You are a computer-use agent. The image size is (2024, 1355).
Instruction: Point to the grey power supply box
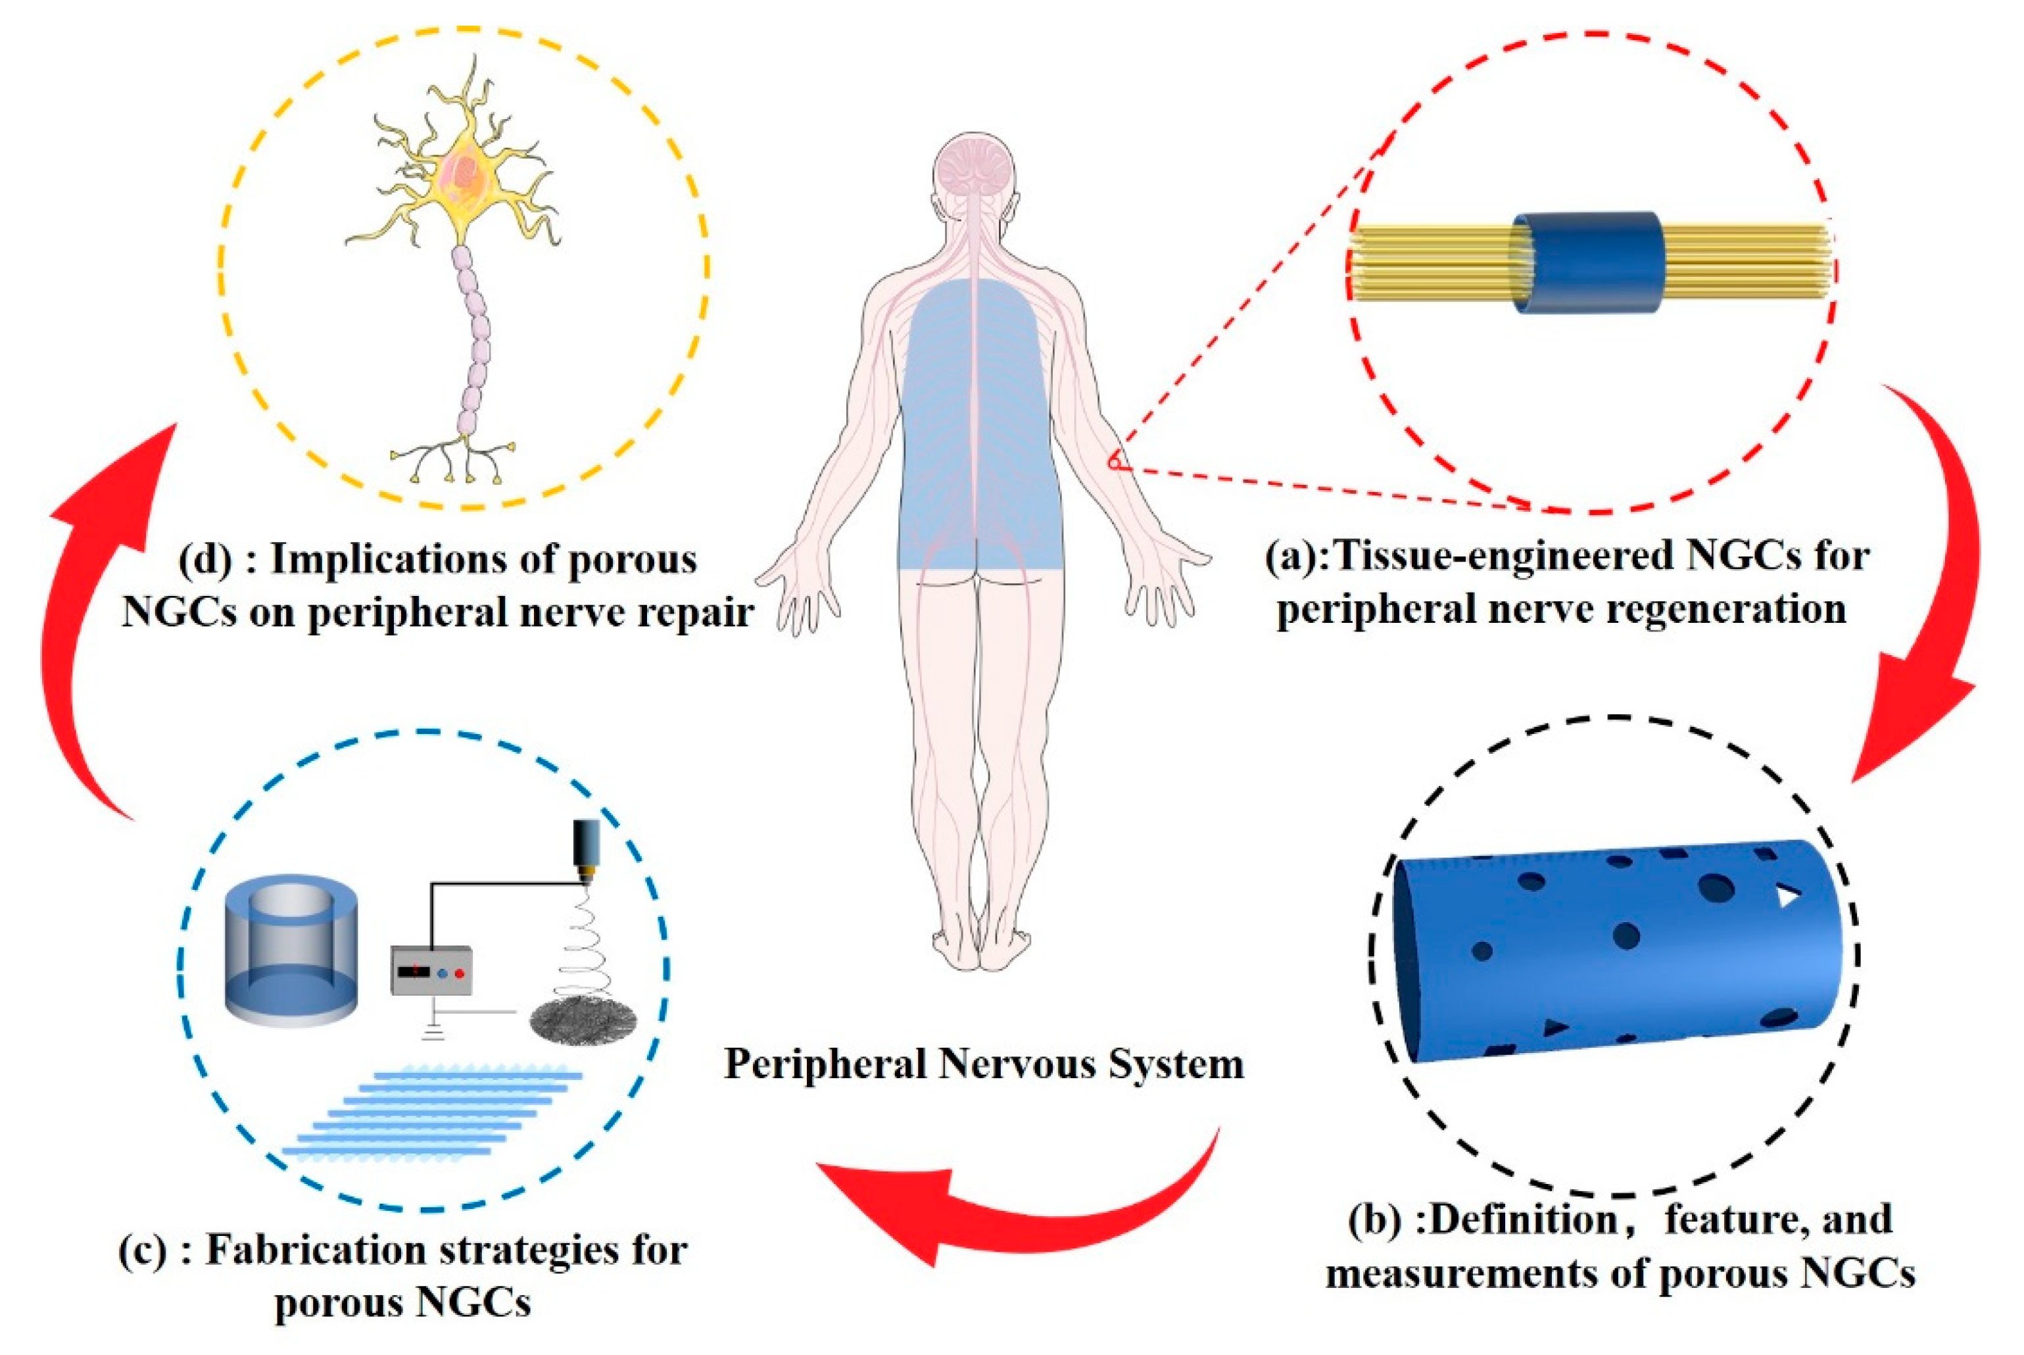point(433,970)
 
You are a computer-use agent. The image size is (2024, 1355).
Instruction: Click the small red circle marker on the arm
point(1115,464)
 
